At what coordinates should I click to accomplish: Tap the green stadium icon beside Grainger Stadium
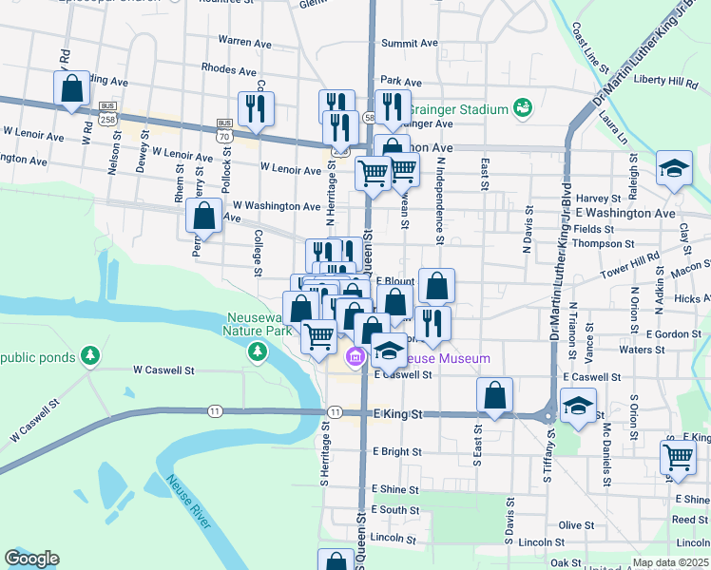coord(522,109)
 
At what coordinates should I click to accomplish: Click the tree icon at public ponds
coord(90,356)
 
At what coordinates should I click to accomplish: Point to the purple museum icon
coord(356,358)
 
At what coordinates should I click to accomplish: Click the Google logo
coord(31,559)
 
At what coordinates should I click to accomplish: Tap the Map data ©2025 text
coord(670,562)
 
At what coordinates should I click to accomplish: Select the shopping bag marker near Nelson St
coord(71,89)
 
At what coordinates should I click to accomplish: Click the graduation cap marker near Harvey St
coord(674,170)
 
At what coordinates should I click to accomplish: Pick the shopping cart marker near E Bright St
coord(679,458)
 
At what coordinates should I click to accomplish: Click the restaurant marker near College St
coord(255,109)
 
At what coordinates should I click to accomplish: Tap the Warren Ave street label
coord(244,42)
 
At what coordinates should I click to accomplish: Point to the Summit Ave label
coord(409,44)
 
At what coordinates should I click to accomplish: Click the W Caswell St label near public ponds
coord(163,370)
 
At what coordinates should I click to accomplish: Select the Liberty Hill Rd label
coord(665,80)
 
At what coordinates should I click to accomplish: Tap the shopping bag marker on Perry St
coord(204,216)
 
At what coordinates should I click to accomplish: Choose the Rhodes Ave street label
coord(229,70)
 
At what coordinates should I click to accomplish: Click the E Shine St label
coord(395,488)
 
